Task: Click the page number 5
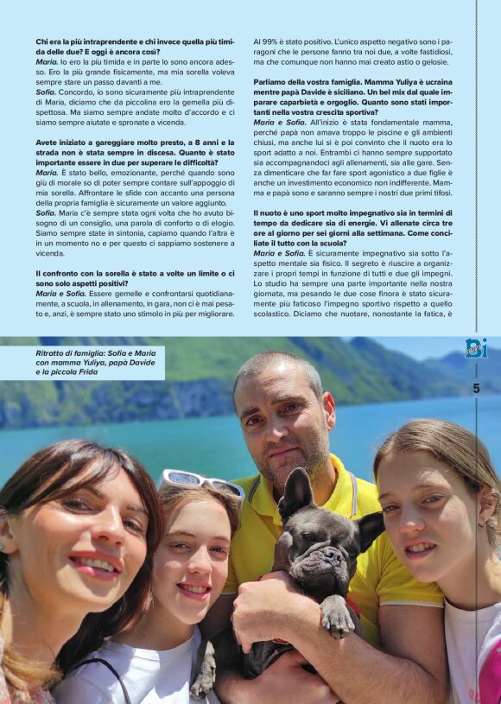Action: pyautogui.click(x=476, y=389)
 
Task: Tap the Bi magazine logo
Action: pyautogui.click(x=476, y=348)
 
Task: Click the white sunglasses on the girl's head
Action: pyautogui.click(x=202, y=481)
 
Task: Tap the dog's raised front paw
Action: pyautogui.click(x=337, y=617)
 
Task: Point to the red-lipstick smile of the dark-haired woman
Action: pyautogui.click(x=95, y=564)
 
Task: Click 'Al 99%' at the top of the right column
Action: pyautogui.click(x=266, y=41)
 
